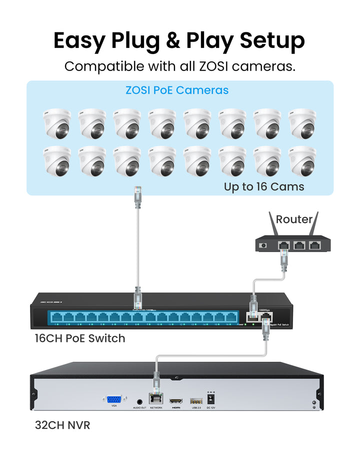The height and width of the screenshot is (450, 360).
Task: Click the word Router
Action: (294, 219)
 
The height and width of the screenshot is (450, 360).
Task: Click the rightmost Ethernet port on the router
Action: (314, 245)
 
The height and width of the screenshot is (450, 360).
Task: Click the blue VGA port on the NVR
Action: (114, 399)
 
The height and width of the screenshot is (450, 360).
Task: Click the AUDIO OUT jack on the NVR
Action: (139, 400)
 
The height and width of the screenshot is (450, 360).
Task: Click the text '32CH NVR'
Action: (62, 425)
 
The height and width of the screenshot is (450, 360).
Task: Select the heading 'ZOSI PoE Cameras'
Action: (177, 90)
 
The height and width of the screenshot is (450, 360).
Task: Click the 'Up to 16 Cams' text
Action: (264, 187)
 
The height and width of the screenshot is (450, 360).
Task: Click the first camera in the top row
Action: (57, 123)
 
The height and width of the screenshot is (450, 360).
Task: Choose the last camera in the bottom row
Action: (302, 160)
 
